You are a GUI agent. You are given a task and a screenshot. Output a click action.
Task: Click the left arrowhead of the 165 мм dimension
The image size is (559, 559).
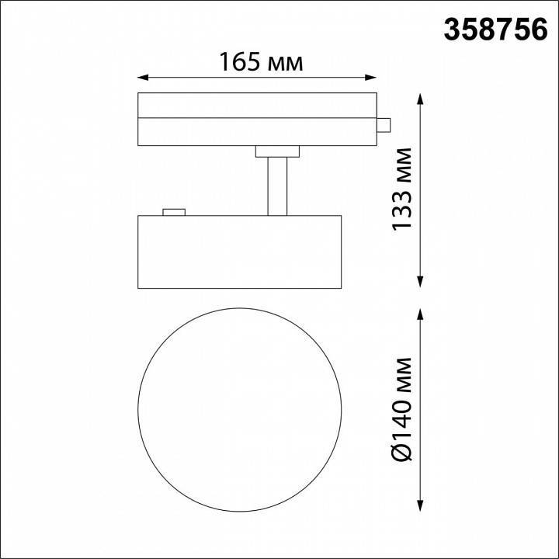click(143, 78)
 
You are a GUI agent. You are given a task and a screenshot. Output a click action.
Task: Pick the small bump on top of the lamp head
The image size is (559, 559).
click(173, 210)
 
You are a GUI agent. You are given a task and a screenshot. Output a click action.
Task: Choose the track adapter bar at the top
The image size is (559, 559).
click(256, 118)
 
